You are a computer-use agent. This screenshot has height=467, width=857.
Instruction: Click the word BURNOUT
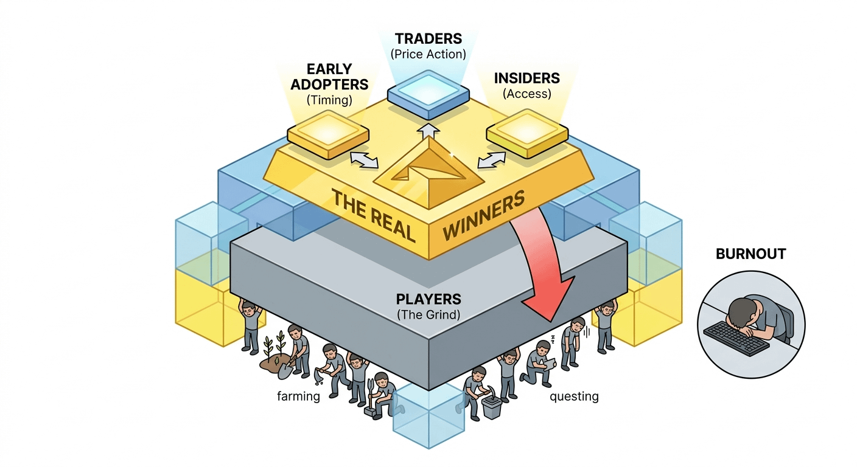(750, 254)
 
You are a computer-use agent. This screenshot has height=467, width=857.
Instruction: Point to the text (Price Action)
(428, 54)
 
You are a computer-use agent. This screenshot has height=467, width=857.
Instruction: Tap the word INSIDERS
(527, 78)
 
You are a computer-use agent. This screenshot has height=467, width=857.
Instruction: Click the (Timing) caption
(329, 100)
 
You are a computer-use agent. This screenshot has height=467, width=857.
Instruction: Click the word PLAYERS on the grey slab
(428, 299)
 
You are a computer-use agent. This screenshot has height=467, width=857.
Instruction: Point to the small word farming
(298, 397)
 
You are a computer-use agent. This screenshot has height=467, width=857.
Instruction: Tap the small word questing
(574, 397)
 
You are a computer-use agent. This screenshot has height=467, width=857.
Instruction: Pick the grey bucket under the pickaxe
(491, 406)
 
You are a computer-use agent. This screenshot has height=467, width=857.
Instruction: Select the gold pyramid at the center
(428, 165)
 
